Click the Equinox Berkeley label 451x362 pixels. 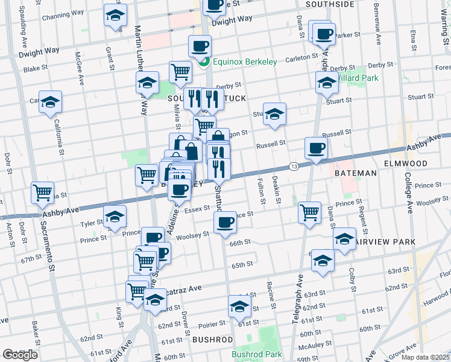244,62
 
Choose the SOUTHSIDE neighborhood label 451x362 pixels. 330,4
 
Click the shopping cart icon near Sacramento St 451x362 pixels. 42,193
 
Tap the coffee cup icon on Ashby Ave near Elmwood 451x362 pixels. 315,148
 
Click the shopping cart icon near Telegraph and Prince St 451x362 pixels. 309,212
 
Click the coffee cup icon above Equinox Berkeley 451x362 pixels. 200,45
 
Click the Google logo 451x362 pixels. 19,355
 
